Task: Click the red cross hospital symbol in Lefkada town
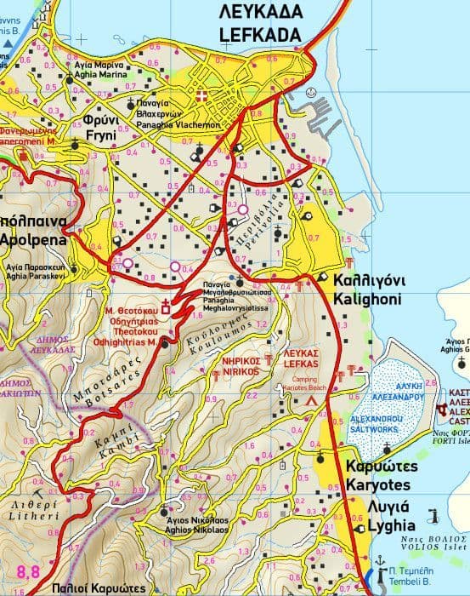tap(201, 95)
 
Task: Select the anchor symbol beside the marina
tap(312, 93)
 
